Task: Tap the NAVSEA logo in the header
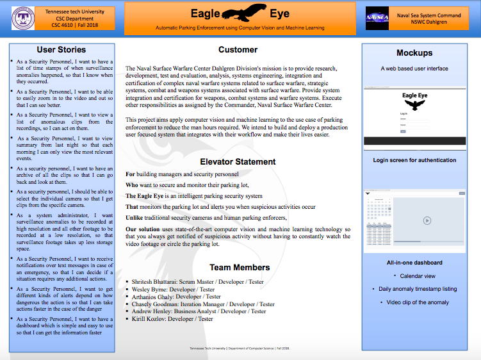377,17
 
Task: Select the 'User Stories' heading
61,49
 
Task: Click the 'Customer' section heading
238,49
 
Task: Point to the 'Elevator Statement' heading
238,161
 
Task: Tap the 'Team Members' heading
239,267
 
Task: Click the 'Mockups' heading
414,53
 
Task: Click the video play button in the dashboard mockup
427,220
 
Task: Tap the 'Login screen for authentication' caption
414,160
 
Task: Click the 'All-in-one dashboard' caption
414,263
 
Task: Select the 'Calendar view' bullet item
418,275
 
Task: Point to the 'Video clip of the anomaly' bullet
417,302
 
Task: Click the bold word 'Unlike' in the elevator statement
135,218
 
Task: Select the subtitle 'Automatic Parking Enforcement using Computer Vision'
240,28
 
